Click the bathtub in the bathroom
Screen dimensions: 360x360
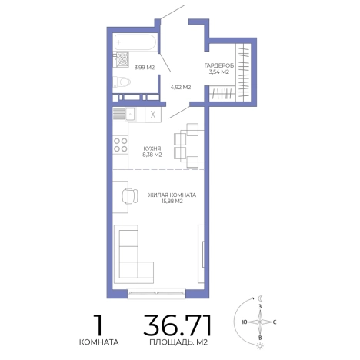[x=135, y=42]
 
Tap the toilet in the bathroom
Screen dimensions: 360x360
[x=122, y=82]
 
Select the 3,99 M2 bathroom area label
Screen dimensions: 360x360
[x=145, y=68]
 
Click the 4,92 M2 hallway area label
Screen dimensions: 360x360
[x=181, y=87]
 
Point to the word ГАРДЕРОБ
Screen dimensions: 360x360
[x=219, y=65]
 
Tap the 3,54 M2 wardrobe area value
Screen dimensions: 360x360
[x=219, y=72]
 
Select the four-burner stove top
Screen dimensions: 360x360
[x=121, y=145]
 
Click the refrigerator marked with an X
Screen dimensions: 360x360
[x=153, y=115]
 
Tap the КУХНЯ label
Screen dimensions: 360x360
[x=152, y=148]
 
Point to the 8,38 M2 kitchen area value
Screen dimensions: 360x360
[x=152, y=155]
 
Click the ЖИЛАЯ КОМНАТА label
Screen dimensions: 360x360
[x=172, y=195]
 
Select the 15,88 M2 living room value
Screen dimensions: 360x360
[x=172, y=202]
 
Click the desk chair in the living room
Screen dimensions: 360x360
[x=130, y=196]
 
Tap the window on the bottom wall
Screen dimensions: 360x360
[x=156, y=293]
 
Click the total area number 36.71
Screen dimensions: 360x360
[x=178, y=325]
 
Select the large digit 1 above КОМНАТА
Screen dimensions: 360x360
[x=98, y=325]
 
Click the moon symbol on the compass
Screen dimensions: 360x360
[x=260, y=298]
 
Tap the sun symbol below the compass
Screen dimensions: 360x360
[x=260, y=346]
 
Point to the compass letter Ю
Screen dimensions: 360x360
[x=245, y=322]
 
